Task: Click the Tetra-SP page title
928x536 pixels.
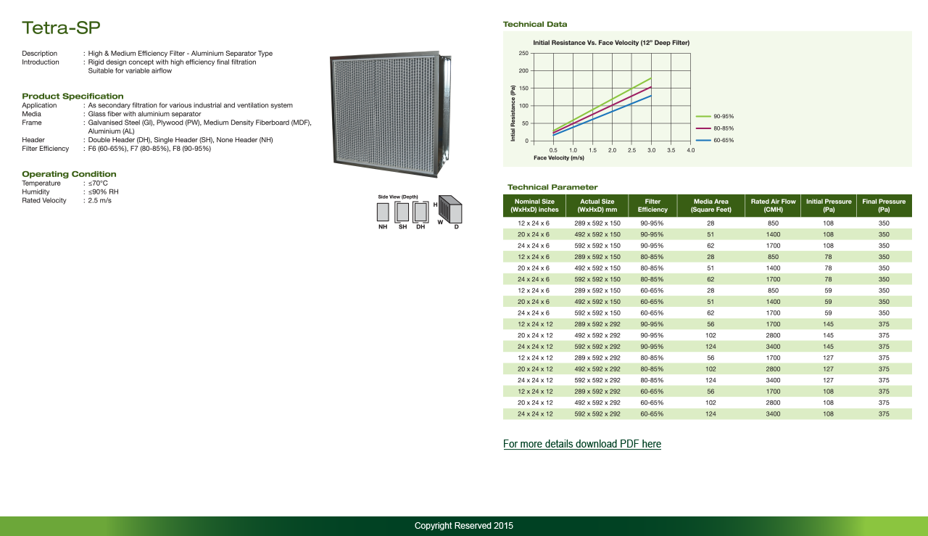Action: (x=61, y=28)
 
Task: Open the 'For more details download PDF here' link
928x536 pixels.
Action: (x=581, y=444)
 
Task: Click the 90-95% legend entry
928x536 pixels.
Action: (x=724, y=116)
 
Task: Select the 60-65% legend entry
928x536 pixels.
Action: (x=724, y=140)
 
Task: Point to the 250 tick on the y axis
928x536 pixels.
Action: (x=523, y=54)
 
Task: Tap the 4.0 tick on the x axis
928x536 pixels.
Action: (x=690, y=150)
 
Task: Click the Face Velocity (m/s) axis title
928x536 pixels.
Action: (x=558, y=157)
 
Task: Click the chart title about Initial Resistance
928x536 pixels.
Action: (x=610, y=43)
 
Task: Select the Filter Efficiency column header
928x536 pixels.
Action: (x=652, y=205)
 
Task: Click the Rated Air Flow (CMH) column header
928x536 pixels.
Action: (x=773, y=205)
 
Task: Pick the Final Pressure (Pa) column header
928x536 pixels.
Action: (x=884, y=205)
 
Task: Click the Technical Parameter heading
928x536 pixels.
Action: (x=552, y=187)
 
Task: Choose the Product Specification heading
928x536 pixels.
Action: (x=72, y=96)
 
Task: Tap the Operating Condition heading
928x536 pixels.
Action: (x=69, y=174)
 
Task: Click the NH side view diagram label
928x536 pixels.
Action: (x=383, y=227)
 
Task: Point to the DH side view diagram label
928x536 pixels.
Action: (x=420, y=227)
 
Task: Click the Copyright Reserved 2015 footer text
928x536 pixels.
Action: (x=463, y=526)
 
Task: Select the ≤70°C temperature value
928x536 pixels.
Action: (x=98, y=184)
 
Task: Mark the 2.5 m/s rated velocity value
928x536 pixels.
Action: (x=100, y=200)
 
